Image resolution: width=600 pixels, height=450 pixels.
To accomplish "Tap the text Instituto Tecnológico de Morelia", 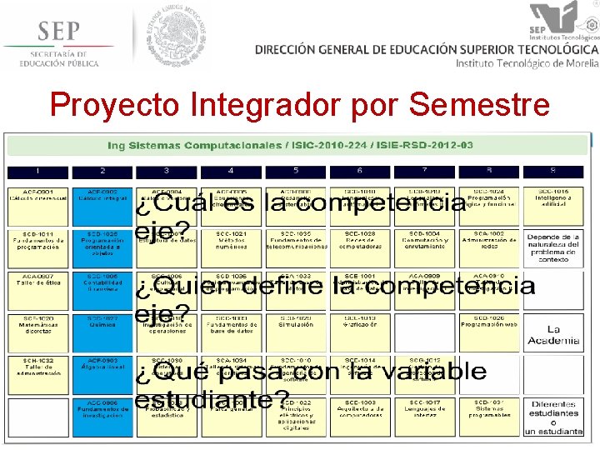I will coord(527,63).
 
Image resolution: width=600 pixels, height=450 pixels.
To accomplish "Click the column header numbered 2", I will coord(102,171).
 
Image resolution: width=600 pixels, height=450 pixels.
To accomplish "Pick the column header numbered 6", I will coord(359,171).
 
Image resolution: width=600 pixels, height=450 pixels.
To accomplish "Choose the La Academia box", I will coord(552,333).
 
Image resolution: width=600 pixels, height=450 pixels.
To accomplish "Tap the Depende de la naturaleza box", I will coord(553,248).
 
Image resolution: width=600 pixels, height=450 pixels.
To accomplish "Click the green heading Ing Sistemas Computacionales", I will coord(290,145).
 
